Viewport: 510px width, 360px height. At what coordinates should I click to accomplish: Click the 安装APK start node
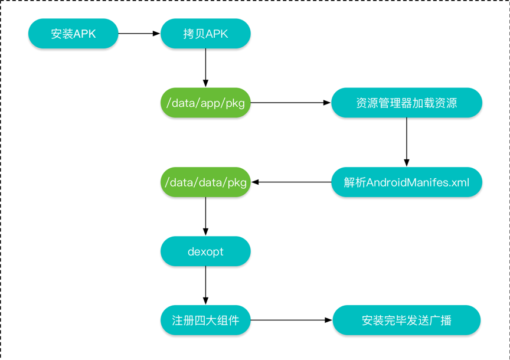(73, 34)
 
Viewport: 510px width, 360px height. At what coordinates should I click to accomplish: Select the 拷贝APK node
(205, 34)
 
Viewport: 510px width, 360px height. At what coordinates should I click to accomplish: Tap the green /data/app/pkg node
(205, 103)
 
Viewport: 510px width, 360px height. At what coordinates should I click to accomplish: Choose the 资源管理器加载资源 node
(407, 103)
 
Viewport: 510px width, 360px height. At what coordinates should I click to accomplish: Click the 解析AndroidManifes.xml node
(407, 182)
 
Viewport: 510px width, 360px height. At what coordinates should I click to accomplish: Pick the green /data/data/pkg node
(205, 182)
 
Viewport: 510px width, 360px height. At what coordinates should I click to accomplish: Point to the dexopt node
(205, 251)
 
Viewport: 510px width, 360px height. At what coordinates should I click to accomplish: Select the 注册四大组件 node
(205, 320)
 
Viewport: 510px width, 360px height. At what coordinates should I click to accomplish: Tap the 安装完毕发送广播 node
(407, 320)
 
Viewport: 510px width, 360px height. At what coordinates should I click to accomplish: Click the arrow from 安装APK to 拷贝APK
(139, 34)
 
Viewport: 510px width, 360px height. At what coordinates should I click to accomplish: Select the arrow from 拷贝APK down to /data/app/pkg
(205, 68)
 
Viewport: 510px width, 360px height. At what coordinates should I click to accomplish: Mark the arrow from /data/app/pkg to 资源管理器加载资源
(290, 103)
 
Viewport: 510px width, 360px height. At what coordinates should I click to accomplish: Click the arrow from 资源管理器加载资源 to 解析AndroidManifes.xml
(407, 142)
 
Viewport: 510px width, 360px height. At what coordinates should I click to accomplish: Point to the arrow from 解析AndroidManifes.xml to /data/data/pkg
(291, 182)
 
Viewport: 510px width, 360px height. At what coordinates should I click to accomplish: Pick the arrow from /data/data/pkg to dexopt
(205, 216)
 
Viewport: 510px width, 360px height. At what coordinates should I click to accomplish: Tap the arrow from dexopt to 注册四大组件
(205, 286)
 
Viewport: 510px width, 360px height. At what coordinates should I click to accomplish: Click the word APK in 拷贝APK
(217, 34)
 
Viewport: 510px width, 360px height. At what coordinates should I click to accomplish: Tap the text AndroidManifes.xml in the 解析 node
(418, 182)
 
